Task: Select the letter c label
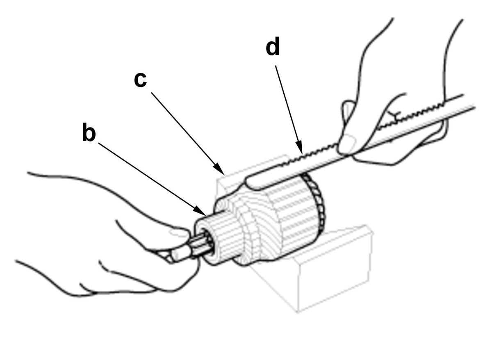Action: [x=140, y=80]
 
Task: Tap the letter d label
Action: [x=272, y=46]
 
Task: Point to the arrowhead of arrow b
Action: [x=200, y=210]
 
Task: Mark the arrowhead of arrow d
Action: [x=300, y=148]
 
